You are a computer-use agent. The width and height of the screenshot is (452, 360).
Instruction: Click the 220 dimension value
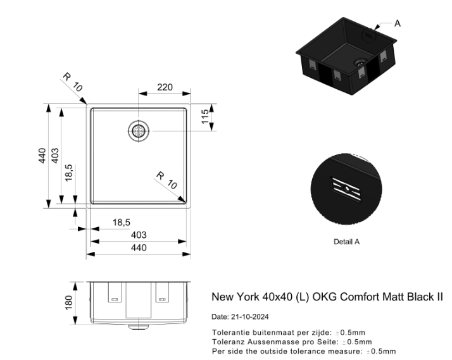[x=165, y=87]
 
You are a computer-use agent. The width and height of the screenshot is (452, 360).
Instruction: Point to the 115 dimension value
[x=204, y=116]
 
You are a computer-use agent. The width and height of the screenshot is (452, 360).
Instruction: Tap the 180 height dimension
[x=68, y=302]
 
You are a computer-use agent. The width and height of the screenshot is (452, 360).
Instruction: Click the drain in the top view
[x=139, y=131]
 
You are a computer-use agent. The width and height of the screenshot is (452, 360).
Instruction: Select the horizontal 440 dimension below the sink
[x=139, y=247]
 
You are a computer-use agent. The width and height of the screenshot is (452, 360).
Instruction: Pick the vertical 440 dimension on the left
[x=42, y=156]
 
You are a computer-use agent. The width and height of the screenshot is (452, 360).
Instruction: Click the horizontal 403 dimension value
[x=139, y=235]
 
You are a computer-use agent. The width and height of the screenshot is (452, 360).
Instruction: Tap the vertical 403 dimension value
[x=55, y=156]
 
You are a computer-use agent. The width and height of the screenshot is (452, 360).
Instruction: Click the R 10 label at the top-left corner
[x=73, y=82]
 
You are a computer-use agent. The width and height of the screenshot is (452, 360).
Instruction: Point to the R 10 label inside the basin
[x=166, y=180]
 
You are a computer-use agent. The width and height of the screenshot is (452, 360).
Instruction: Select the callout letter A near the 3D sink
[x=397, y=23]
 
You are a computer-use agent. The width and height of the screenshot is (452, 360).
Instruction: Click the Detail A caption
[x=346, y=242]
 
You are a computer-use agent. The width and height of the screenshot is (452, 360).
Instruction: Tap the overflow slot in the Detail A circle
[x=346, y=189]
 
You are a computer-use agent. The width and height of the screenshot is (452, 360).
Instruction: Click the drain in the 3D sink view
[x=360, y=62]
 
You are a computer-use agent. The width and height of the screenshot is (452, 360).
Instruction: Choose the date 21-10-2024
[x=250, y=317]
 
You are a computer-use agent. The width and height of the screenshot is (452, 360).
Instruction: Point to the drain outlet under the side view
[x=139, y=327]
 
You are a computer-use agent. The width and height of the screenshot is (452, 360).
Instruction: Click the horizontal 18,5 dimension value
[x=122, y=222]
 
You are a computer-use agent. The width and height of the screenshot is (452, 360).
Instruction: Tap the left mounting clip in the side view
[x=115, y=292]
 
